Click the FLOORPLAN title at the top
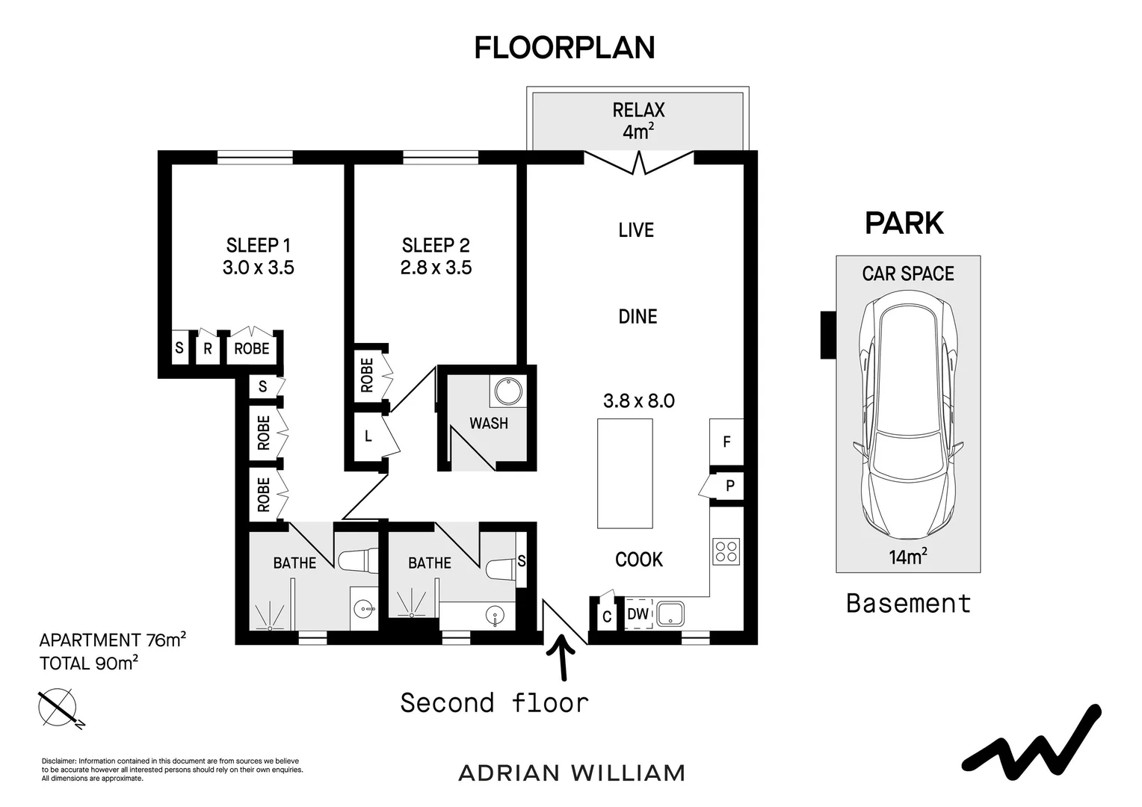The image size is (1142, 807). (564, 48)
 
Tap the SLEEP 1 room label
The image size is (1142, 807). (258, 245)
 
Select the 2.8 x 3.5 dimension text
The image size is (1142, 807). (436, 268)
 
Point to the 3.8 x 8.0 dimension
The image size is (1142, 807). (638, 401)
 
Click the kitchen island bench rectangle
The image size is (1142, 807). (625, 473)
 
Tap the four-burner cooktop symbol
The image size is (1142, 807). (726, 551)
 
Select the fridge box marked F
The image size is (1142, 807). (726, 442)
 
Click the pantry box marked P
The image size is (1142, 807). (729, 486)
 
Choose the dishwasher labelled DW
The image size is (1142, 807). (638, 614)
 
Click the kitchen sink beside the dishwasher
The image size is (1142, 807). (670, 614)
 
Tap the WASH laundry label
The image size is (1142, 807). (488, 423)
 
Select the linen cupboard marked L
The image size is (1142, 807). (368, 436)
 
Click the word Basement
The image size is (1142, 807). (908, 603)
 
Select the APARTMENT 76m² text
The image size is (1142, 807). (112, 640)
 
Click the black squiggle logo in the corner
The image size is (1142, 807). (1031, 747)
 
